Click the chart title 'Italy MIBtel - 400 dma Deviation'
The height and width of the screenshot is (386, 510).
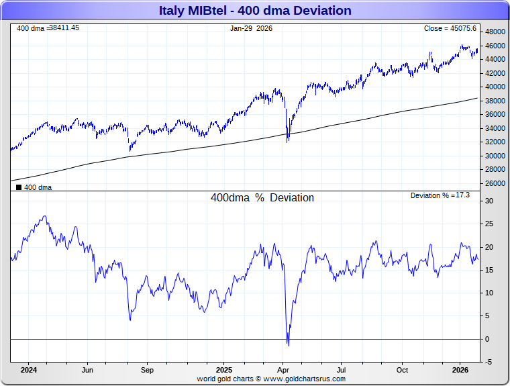[x=255, y=10]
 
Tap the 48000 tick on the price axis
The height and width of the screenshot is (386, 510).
[x=496, y=32]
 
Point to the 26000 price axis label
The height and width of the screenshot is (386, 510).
[x=496, y=183]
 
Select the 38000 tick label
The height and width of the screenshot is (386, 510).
[x=496, y=101]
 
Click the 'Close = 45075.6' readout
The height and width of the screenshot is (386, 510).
[x=450, y=28]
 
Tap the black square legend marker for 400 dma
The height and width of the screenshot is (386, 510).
[x=19, y=188]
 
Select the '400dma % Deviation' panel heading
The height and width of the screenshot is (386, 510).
[x=262, y=198]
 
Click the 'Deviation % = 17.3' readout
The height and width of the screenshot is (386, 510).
[x=440, y=195]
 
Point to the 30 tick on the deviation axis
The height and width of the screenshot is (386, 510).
[x=489, y=201]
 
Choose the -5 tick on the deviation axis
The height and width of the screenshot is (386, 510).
[x=489, y=363]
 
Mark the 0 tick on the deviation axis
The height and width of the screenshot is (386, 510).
[x=488, y=339]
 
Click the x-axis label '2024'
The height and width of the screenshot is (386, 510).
[x=28, y=370]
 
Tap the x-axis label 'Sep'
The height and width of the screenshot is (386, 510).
[x=147, y=370]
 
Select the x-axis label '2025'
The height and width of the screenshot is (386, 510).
[x=223, y=370]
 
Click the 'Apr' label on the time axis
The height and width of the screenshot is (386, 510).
[x=283, y=370]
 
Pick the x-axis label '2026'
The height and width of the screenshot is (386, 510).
[x=460, y=370]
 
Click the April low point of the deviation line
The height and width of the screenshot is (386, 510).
[x=288, y=345]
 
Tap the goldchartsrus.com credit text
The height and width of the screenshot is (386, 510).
[x=271, y=379]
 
